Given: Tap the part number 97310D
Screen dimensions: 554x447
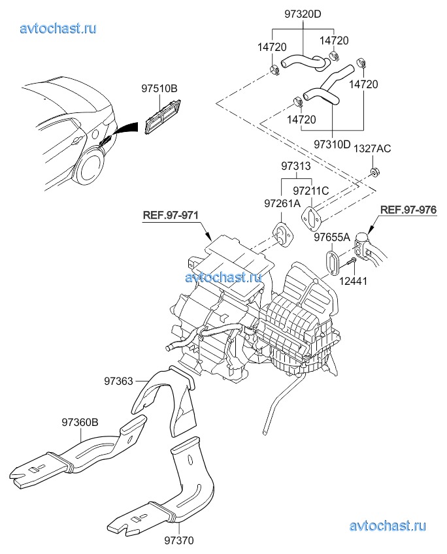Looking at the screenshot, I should coord(333,143).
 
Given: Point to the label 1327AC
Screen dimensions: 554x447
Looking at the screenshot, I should coord(372,149).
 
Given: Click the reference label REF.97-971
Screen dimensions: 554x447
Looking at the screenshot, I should coord(171,215).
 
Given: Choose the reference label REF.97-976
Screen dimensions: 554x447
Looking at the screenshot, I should coord(408,210).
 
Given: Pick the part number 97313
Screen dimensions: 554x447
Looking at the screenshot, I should coord(296,167).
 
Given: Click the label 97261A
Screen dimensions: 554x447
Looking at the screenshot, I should coord(282,204).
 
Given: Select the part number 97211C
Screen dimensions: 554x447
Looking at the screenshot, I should coord(310,191).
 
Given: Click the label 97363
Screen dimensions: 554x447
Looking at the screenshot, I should coord(118,380).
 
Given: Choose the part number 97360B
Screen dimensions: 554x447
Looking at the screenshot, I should coord(80,422).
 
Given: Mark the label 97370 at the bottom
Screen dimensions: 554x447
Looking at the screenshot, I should coord(178,540).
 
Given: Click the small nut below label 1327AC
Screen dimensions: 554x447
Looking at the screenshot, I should coord(374,173).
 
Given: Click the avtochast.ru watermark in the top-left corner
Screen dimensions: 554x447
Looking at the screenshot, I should coord(59,28).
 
